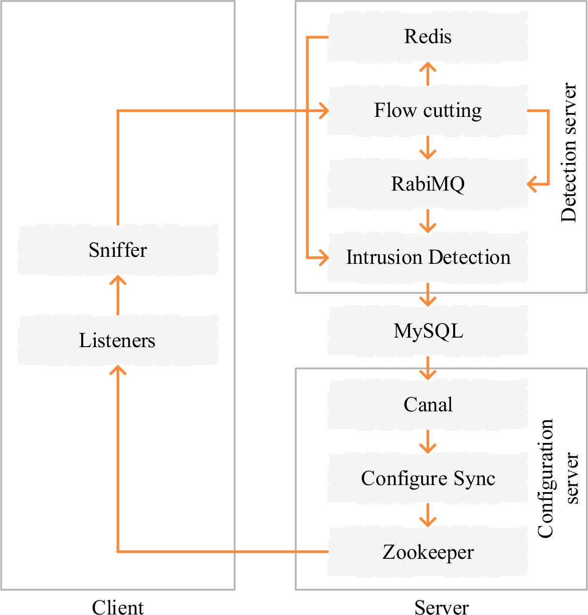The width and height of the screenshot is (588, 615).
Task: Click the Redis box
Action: (428, 37)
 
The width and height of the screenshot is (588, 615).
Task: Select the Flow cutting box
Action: (428, 110)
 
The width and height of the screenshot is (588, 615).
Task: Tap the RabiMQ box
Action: (428, 184)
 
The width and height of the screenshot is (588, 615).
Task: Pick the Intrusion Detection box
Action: (428, 257)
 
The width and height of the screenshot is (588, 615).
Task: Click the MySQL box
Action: (428, 331)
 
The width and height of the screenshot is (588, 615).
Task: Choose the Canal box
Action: (428, 404)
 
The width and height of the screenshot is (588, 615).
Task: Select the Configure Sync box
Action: (428, 478)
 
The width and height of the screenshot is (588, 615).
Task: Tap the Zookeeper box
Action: (428, 552)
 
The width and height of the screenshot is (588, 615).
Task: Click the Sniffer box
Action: (118, 250)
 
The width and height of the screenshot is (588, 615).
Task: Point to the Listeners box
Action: (118, 340)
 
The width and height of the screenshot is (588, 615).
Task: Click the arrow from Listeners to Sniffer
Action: (118, 295)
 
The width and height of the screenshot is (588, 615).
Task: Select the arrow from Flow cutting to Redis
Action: (428, 74)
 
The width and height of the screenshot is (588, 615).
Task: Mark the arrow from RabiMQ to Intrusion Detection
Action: (428, 221)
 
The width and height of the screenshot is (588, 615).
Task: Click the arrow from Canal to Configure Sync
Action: (428, 441)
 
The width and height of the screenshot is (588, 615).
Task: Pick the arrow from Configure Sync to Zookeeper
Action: (428, 515)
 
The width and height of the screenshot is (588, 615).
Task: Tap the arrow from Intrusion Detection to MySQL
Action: (428, 294)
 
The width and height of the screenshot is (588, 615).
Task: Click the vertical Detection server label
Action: (568, 152)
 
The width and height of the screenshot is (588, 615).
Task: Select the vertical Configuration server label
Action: (557, 478)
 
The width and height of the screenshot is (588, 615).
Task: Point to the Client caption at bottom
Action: (118, 607)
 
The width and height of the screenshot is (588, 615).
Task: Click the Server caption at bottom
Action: (441, 607)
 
